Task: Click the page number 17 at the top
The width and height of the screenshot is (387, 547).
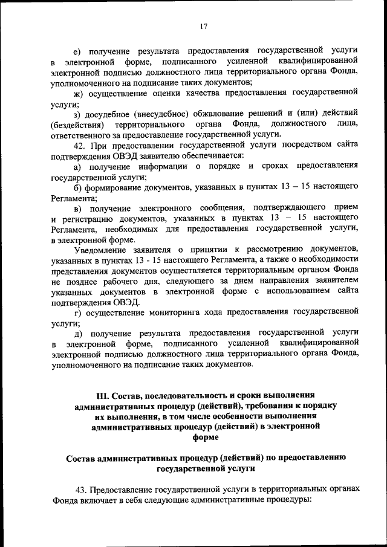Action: click(x=204, y=26)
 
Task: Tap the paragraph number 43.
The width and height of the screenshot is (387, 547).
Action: click(x=80, y=489)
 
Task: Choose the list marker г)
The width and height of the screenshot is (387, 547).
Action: click(x=77, y=312)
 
